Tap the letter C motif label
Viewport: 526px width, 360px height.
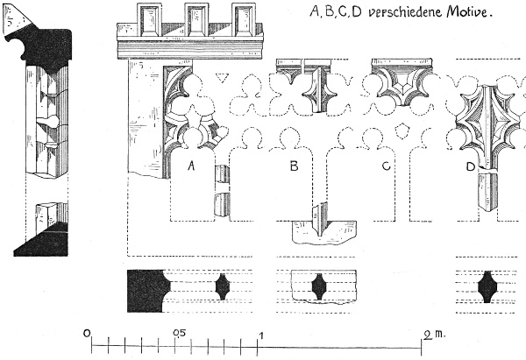387,166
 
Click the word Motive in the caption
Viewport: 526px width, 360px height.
470,13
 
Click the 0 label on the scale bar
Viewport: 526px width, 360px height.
87,333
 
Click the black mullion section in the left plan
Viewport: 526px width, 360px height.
223,286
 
